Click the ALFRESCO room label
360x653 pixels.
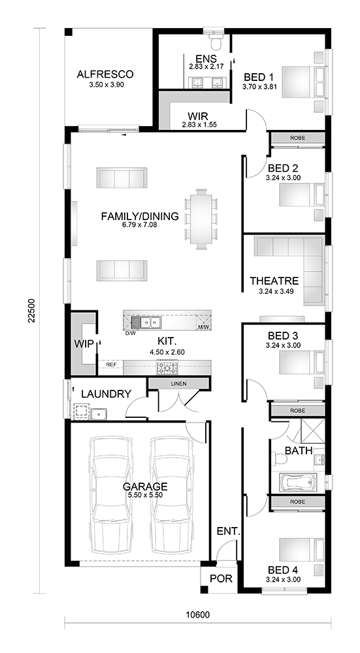[105, 74]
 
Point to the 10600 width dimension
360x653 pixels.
[198, 615]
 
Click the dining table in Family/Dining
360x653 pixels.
[201, 219]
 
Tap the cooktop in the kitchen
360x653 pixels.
[167, 368]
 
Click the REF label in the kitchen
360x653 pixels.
[111, 364]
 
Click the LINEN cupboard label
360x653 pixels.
[178, 383]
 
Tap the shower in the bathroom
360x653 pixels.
[312, 430]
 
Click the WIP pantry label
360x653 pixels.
[83, 344]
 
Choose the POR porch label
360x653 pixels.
[220, 579]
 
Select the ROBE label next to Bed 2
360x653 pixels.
[297, 137]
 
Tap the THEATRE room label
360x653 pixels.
[274, 281]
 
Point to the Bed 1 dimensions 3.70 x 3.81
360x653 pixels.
[259, 87]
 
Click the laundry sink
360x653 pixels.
[99, 414]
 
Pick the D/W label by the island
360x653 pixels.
[130, 334]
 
